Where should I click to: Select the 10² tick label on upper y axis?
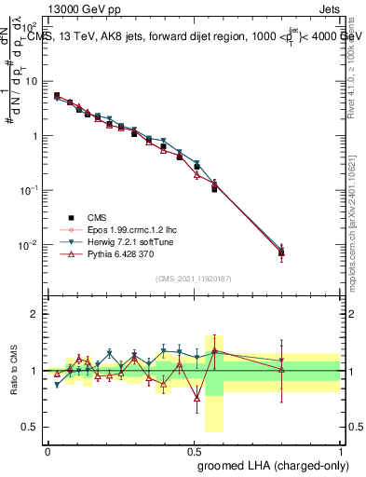(x=32, y=26)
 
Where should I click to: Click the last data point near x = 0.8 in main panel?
(x=281, y=252)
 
